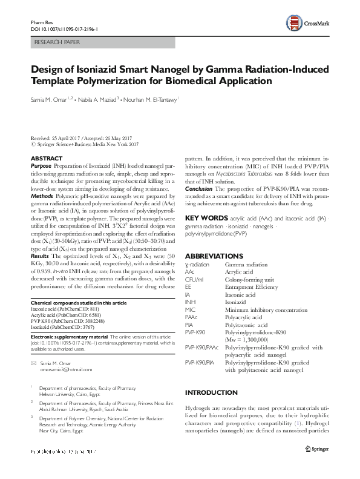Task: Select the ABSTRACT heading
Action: [x=45, y=158]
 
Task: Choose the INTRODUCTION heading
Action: [x=211, y=392]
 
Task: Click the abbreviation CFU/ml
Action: [x=194, y=280]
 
